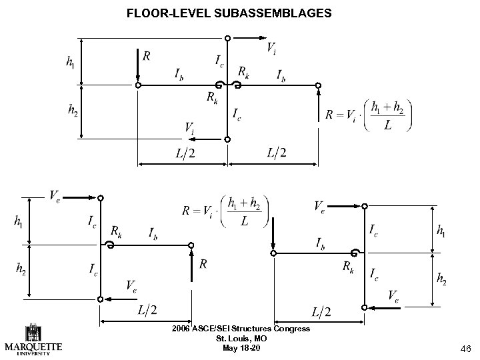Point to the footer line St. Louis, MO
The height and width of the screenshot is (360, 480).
pyautogui.click(x=241, y=339)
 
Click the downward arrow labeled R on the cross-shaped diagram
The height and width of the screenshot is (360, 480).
pyautogui.click(x=137, y=67)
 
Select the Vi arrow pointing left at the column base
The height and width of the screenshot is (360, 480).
pyautogui.click(x=210, y=140)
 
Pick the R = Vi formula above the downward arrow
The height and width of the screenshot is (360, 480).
pyautogui.click(x=225, y=211)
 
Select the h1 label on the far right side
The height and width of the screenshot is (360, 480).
pyautogui.click(x=441, y=231)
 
